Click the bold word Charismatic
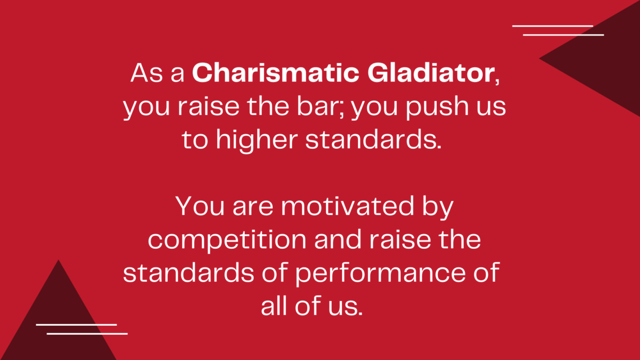tap(276, 72)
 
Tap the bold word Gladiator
tap(431, 72)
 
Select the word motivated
tap(348, 206)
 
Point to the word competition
tap(227, 240)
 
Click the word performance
tap(381, 273)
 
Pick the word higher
tap(257, 139)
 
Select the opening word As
tap(147, 73)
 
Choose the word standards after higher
tap(373, 140)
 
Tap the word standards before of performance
tap(189, 272)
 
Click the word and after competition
tap(338, 240)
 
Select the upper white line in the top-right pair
tap(552, 26)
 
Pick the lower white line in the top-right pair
tap(563, 35)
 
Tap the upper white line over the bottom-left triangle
tap(76, 325)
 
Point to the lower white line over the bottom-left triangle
tap(87, 334)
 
